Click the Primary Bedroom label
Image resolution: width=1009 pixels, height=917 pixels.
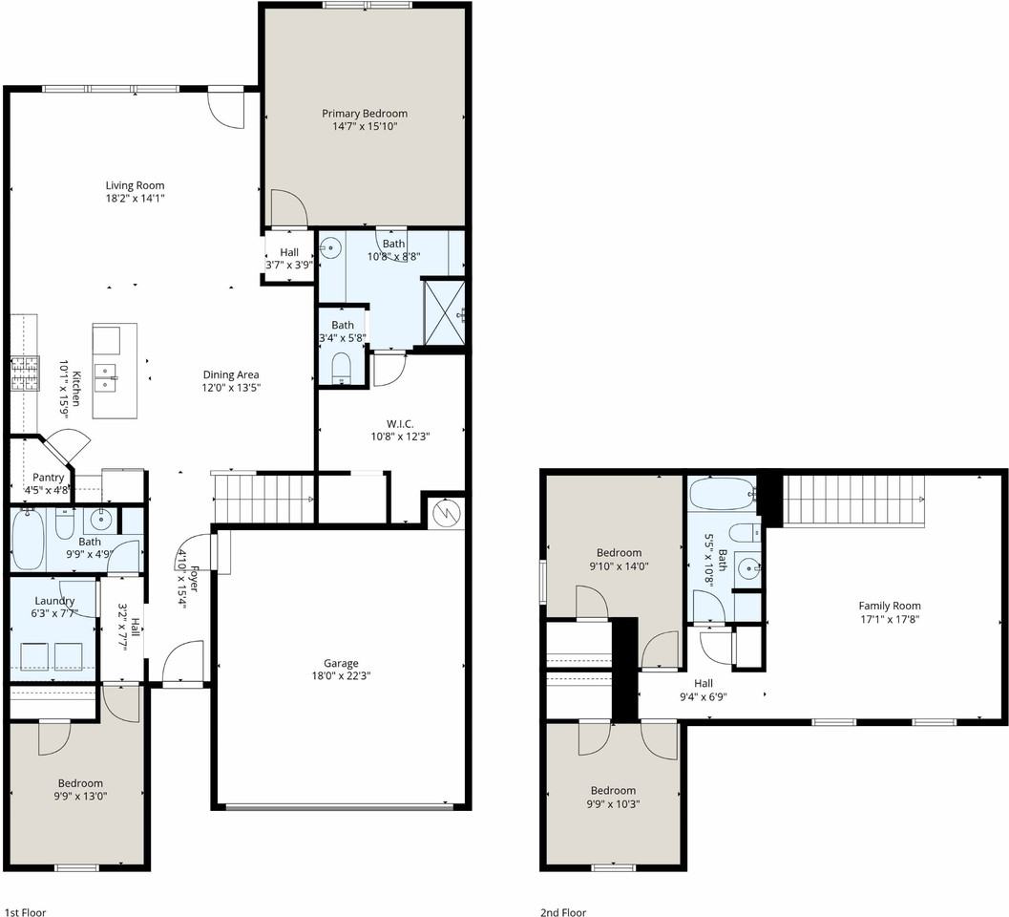[x=364, y=114]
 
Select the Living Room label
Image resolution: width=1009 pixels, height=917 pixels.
[x=135, y=185]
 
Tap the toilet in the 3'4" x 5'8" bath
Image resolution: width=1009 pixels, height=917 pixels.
[x=342, y=368]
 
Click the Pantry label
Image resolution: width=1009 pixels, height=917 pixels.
[x=48, y=478]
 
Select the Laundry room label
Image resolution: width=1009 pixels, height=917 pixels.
[x=53, y=601]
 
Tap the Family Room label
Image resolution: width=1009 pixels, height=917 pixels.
[x=889, y=606]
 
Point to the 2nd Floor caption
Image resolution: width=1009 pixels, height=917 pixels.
[x=563, y=912]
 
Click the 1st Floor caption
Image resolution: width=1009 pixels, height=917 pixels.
[x=25, y=912]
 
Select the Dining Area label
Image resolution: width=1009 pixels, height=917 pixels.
[x=231, y=374]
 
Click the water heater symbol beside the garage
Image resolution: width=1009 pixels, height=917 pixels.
[x=446, y=512]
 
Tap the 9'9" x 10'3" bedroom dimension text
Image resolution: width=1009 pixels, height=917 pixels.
[x=612, y=803]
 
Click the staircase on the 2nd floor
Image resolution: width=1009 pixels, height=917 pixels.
[x=852, y=500]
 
